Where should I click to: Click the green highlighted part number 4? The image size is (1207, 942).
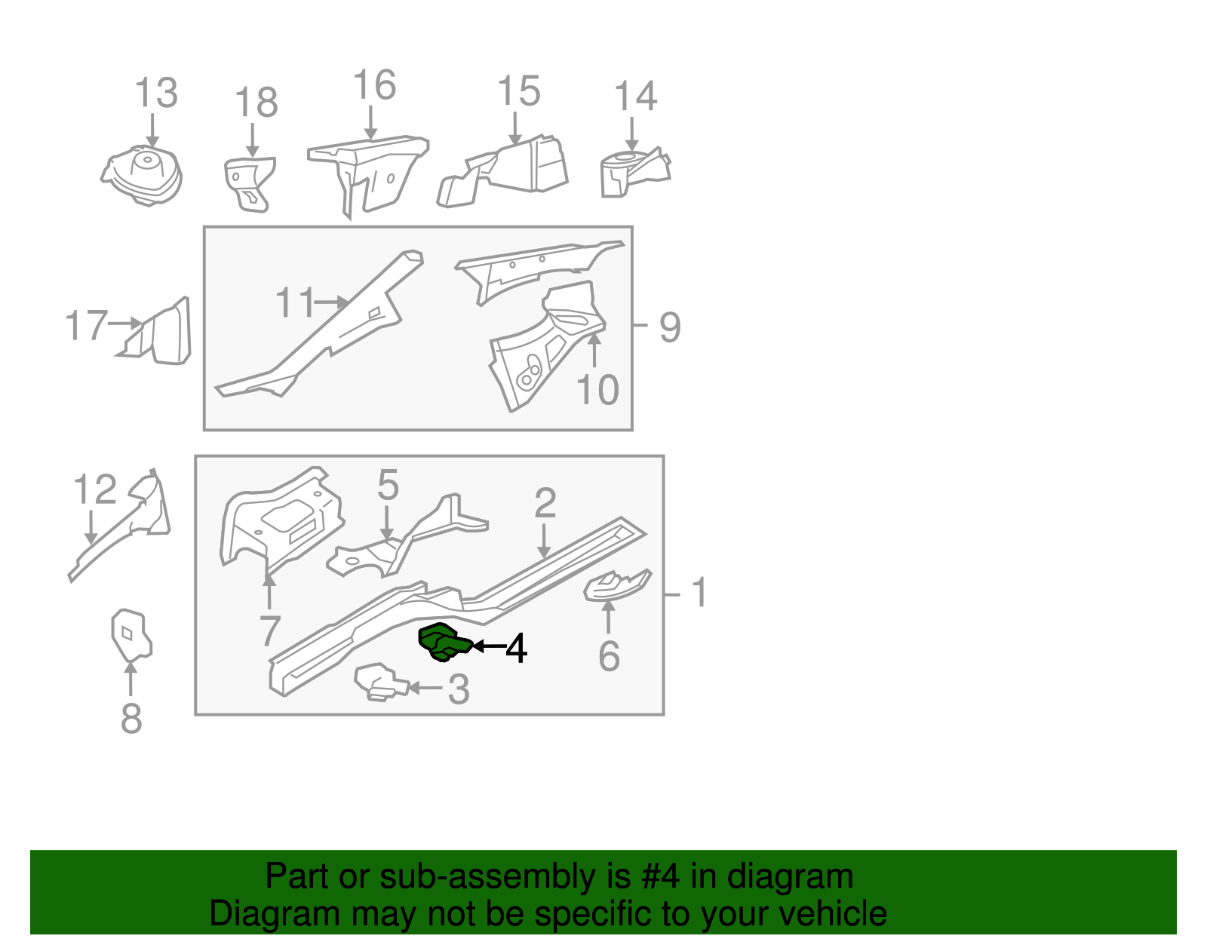[444, 643]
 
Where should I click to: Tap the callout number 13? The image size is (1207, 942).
[156, 93]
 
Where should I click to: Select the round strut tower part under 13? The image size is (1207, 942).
[142, 175]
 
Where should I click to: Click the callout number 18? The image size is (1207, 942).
[256, 103]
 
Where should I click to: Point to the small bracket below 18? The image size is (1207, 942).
[250, 184]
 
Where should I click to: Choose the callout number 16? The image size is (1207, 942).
[374, 85]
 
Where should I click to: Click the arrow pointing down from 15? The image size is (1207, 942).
[515, 129]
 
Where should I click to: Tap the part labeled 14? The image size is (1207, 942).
[635, 172]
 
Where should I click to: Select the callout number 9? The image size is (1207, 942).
[670, 327]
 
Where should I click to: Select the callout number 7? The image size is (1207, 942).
[270, 631]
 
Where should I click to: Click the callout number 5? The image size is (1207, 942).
[388, 485]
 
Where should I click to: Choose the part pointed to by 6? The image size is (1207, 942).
[616, 585]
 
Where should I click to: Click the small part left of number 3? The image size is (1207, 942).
[380, 682]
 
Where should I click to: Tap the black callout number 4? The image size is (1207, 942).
[516, 648]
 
